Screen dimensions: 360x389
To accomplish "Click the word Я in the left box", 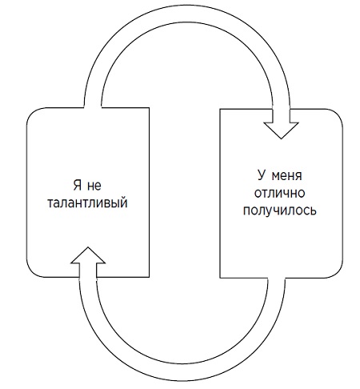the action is pos(78,185).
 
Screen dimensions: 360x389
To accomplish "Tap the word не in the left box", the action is pos(94,186).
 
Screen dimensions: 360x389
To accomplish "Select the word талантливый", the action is pos(87,203).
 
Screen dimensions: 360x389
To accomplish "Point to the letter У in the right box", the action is pos(262,175).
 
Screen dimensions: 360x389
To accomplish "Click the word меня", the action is pos(287,176).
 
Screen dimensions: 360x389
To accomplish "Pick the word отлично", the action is pos(279,193).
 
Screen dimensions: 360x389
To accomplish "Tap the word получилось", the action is pos(280,211).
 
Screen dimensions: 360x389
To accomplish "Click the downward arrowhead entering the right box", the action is pos(281,130).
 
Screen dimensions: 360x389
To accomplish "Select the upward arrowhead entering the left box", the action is pos(88,255).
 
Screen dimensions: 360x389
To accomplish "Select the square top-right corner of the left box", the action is pos(149,108).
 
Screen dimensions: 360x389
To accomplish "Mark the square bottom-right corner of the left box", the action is pos(149,277).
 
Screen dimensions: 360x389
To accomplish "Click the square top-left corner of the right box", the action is pos(220,109).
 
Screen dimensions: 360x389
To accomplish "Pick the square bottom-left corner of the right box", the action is pos(220,278).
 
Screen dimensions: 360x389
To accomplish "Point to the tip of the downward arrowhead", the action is pos(281,138).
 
